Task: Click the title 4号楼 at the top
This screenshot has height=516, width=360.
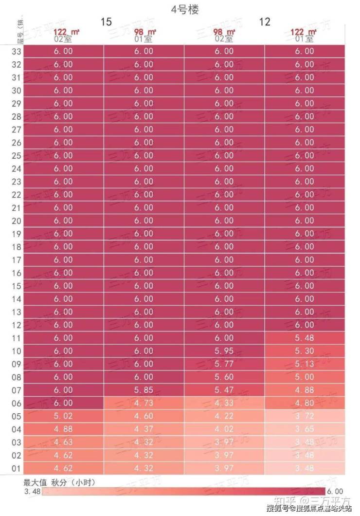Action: click(184, 9)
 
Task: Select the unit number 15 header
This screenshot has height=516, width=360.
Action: click(106, 22)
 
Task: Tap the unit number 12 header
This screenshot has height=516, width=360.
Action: click(265, 22)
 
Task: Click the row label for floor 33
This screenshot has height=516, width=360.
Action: click(16, 51)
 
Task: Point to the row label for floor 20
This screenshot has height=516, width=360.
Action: click(16, 221)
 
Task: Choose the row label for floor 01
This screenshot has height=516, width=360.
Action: click(16, 468)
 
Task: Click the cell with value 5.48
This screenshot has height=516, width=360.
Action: click(305, 338)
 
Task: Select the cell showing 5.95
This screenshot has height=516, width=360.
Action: click(224, 351)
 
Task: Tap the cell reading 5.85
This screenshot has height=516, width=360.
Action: click(144, 390)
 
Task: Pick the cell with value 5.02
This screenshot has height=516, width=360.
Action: click(63, 416)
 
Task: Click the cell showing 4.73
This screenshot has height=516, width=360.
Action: click(144, 403)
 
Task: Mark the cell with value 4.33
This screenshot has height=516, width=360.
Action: click(224, 403)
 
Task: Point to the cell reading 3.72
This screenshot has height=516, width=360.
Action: click(305, 416)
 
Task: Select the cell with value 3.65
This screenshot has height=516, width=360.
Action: click(305, 429)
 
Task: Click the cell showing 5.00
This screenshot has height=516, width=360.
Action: click(305, 377)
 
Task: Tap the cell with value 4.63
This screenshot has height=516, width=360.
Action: click(63, 442)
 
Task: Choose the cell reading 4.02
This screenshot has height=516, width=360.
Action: click(224, 429)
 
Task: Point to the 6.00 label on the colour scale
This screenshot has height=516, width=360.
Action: click(335, 491)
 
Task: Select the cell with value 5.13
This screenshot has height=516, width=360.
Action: click(305, 364)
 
